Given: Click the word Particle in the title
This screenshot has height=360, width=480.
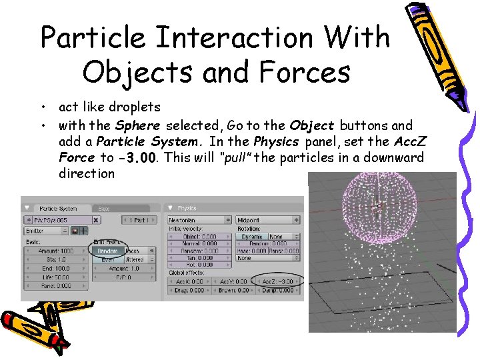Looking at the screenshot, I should [x=93, y=37].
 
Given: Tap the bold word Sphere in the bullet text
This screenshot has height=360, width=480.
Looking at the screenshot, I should [x=138, y=125].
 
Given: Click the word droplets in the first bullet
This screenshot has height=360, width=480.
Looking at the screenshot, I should [x=136, y=107].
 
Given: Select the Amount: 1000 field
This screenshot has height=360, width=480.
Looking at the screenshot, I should [x=57, y=251].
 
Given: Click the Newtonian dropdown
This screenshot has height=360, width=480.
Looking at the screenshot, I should [x=199, y=220].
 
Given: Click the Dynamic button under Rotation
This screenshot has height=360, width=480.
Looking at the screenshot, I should [x=251, y=237].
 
